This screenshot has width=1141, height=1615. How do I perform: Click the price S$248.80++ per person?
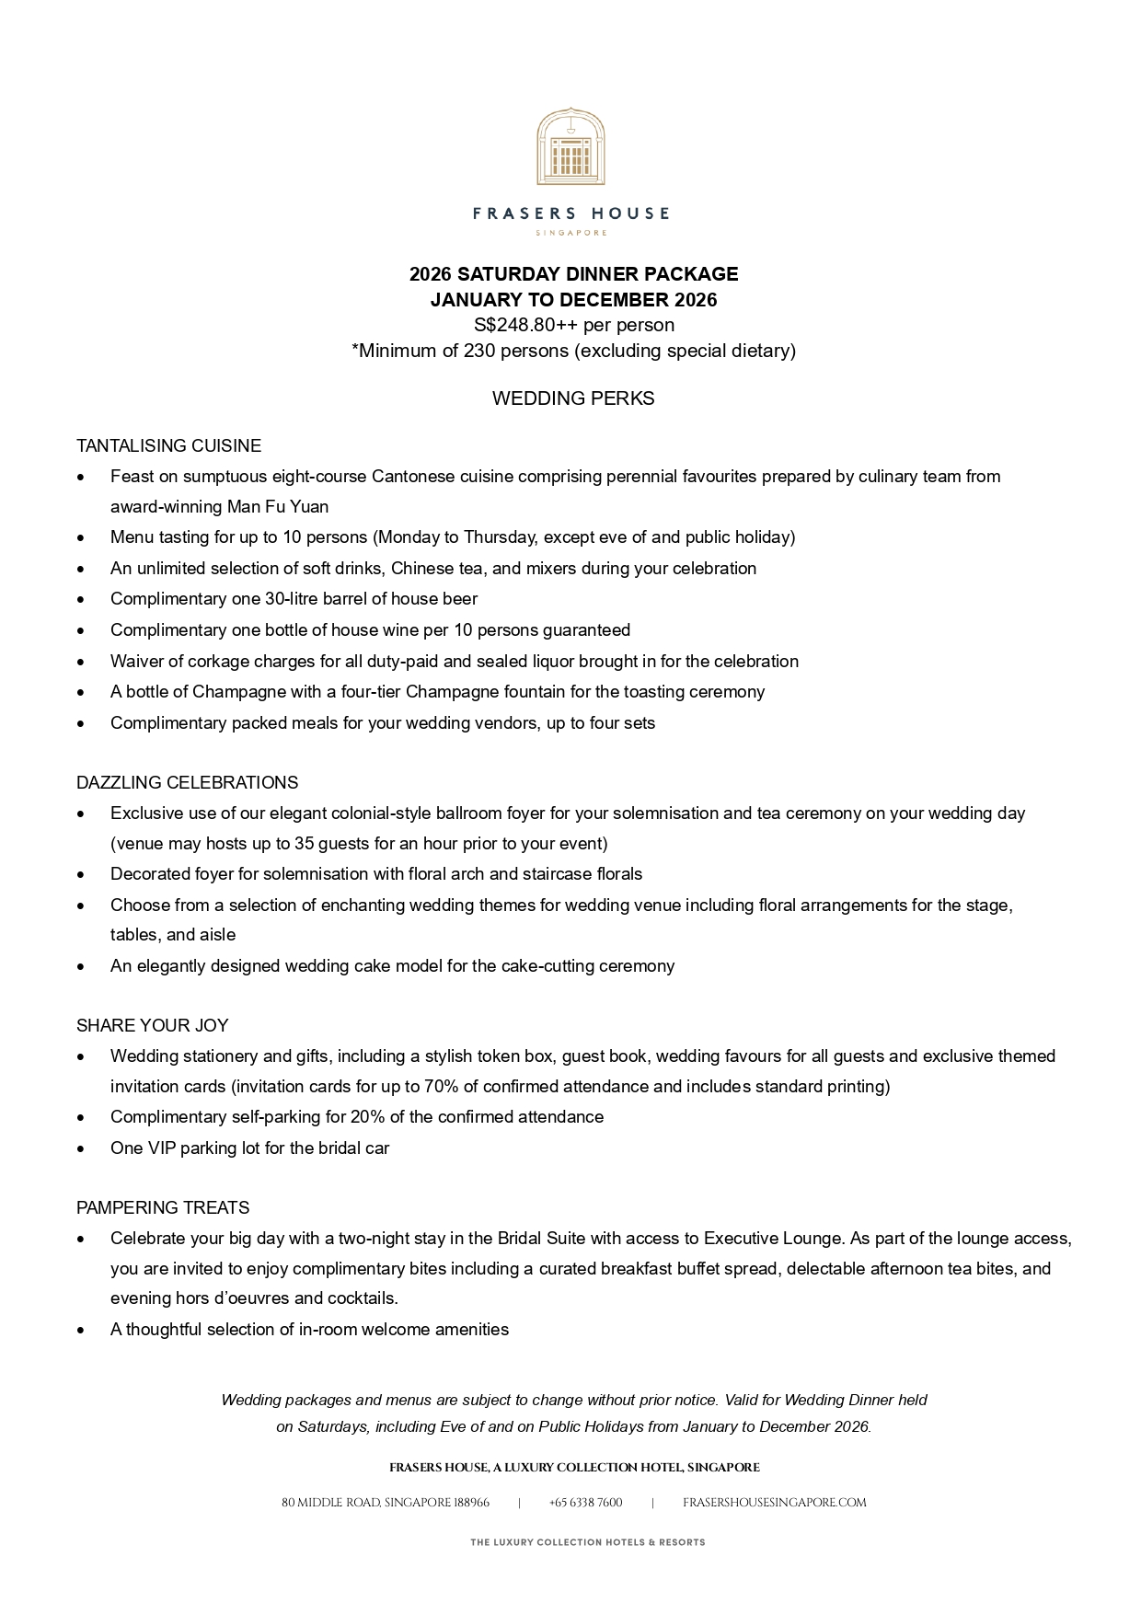(x=573, y=325)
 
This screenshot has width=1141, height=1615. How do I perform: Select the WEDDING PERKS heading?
(x=573, y=398)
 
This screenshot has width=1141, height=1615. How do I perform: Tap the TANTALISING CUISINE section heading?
(x=168, y=446)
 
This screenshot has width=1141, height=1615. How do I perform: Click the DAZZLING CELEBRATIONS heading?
(x=187, y=783)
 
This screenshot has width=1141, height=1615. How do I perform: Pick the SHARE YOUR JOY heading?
(x=152, y=1026)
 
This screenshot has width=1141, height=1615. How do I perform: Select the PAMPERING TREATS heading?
(x=163, y=1208)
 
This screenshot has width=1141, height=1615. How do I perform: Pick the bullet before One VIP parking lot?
(x=82, y=1149)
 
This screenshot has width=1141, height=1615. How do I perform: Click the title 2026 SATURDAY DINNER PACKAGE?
(x=573, y=274)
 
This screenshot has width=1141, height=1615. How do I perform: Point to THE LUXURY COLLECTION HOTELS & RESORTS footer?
(x=587, y=1542)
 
